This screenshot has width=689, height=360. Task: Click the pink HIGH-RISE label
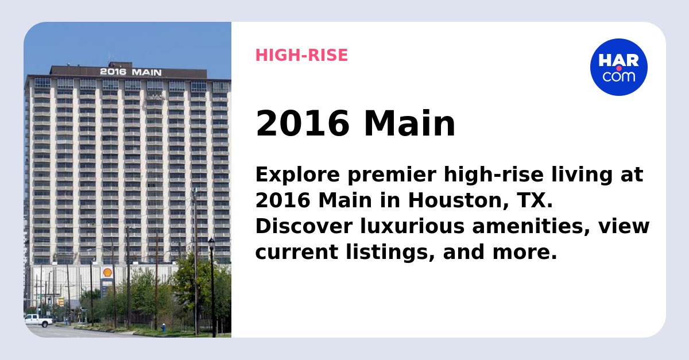point(301,55)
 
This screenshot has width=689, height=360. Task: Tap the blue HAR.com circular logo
point(618,67)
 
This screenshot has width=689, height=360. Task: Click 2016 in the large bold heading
point(302,124)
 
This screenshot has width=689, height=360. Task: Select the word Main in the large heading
point(409,124)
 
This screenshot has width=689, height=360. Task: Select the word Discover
point(303,226)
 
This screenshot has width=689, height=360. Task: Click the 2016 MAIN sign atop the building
point(130,72)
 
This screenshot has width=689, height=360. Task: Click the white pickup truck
point(38,320)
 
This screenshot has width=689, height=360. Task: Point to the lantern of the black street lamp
point(211,243)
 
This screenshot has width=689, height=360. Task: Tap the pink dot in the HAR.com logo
point(619,68)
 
